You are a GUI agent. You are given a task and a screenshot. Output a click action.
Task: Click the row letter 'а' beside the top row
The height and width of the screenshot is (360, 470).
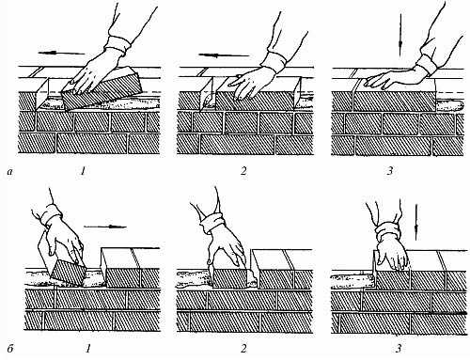[x=10, y=171]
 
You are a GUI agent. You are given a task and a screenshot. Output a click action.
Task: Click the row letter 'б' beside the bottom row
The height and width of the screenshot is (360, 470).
[x=10, y=349]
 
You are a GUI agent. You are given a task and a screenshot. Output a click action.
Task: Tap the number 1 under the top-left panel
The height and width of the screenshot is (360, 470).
[x=83, y=171]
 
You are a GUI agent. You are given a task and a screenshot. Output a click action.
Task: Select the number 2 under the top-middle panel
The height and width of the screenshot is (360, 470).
[x=243, y=171]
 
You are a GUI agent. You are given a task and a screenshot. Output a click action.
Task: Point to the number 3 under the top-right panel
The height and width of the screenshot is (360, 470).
[x=390, y=171]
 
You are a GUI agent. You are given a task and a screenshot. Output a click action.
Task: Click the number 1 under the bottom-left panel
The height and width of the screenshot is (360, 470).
[x=88, y=349]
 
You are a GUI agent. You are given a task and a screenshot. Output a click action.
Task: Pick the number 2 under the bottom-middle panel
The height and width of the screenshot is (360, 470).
[x=243, y=349]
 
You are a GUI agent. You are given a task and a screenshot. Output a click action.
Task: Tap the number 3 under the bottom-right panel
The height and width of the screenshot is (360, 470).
[x=399, y=349]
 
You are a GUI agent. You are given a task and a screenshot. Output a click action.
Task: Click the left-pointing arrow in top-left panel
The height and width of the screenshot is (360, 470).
[x=61, y=53]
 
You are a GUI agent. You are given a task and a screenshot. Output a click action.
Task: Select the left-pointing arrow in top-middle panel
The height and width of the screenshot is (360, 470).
[x=224, y=55]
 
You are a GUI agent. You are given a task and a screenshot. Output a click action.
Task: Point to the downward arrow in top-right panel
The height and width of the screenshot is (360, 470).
[x=400, y=35]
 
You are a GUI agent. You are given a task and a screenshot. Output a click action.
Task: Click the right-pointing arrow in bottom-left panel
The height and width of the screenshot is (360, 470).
[x=105, y=227]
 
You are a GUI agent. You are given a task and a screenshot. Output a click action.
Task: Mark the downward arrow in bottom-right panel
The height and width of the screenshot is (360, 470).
[x=416, y=223]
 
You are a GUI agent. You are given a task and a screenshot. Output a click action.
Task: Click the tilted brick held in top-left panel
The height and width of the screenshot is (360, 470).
[x=101, y=89]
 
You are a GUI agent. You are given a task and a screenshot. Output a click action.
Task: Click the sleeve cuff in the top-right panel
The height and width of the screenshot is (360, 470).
[x=429, y=60]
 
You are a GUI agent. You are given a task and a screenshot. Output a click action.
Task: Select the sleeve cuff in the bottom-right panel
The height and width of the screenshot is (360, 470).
[x=388, y=231]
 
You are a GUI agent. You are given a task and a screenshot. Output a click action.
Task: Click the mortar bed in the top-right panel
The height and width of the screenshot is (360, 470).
[x=448, y=106]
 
